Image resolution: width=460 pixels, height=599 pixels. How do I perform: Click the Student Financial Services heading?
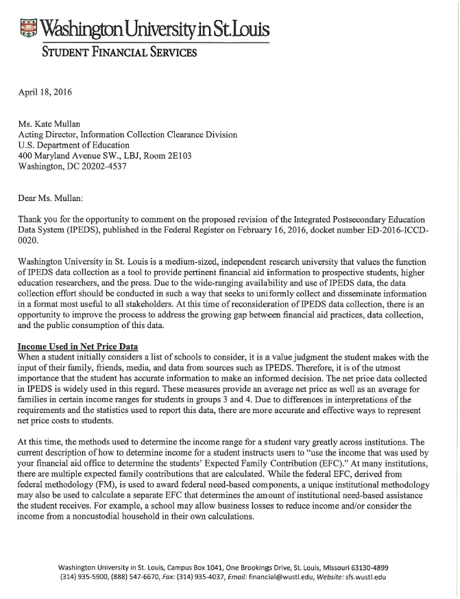point(120,53)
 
